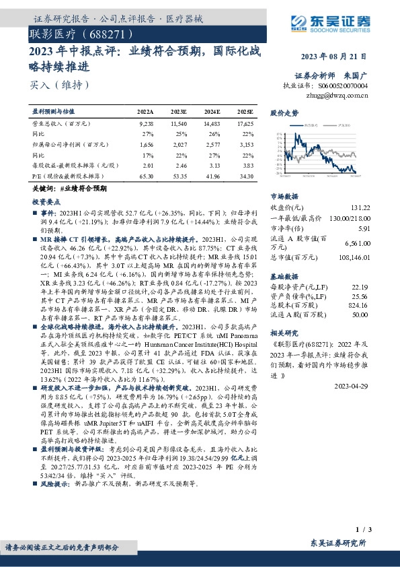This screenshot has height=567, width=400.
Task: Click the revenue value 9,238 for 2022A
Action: click(146, 125)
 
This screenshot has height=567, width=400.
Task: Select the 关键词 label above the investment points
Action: click(41, 189)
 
